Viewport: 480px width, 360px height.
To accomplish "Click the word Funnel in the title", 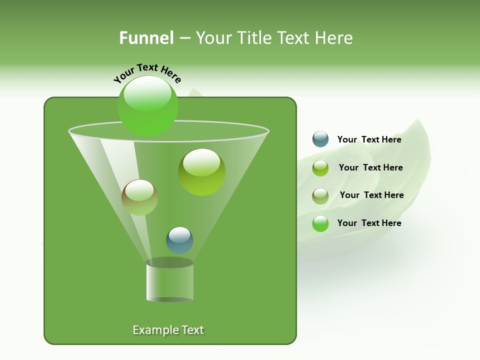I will point(146,38).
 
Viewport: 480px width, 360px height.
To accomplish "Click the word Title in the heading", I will point(254,38).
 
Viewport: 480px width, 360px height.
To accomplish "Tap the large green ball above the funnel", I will point(147,106).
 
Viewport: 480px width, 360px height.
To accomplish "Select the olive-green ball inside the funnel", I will point(201,172).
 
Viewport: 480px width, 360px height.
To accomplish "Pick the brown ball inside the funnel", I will point(139,197).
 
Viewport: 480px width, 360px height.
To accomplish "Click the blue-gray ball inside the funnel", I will point(179,240).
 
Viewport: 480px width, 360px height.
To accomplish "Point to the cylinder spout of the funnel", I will point(169,281).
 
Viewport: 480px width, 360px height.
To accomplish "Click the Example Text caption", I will point(168,330).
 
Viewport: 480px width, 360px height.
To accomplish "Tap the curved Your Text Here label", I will point(147,73).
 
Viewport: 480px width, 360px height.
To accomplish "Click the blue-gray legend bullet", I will point(320,139).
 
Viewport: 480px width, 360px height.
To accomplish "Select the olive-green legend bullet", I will point(320,168).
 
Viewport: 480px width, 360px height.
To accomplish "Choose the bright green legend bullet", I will point(320,223).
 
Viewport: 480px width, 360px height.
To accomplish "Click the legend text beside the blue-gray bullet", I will point(369,139).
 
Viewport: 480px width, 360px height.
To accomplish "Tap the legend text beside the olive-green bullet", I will point(370,167).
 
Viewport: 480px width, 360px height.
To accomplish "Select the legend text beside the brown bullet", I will point(371,195).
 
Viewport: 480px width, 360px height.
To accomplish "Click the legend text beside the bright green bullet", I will point(369,223).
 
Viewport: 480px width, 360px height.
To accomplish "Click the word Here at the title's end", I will point(334,38).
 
